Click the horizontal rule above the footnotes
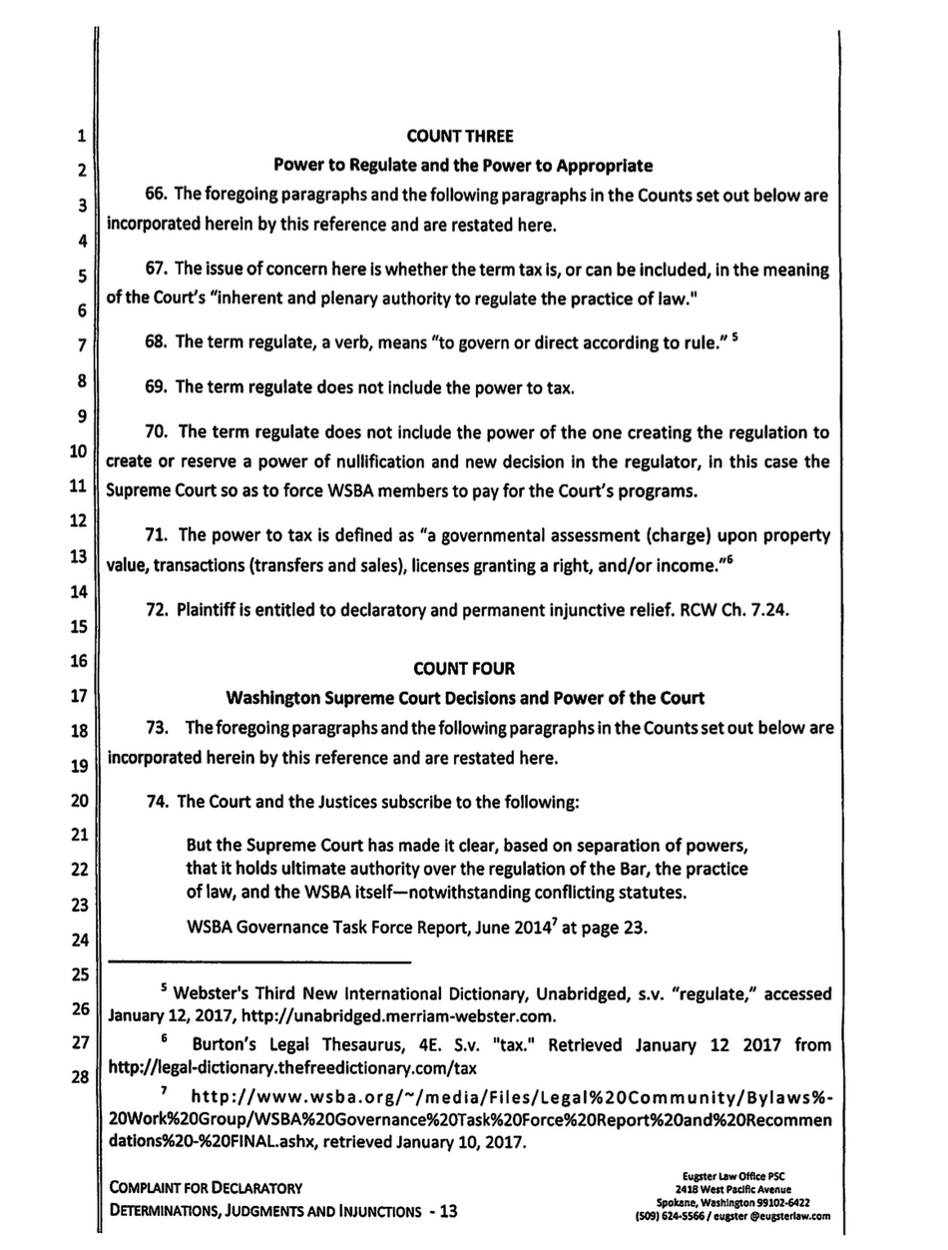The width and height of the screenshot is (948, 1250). pos(258,962)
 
